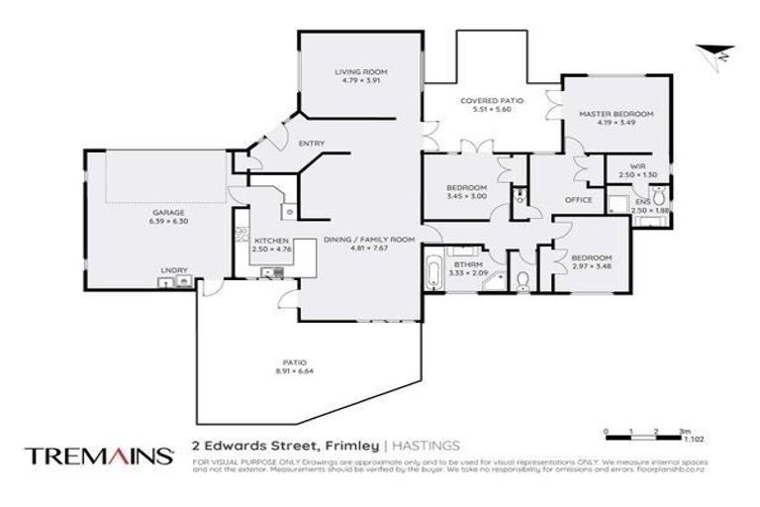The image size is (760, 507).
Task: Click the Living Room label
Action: click(360, 72)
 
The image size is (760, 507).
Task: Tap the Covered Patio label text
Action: click(491, 100)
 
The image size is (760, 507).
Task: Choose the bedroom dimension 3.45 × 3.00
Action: click(465, 197)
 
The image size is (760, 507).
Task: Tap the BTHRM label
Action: click(465, 264)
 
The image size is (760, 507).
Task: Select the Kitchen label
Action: click(270, 241)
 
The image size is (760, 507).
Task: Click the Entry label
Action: click(312, 145)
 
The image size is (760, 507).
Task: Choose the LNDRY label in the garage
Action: click(173, 269)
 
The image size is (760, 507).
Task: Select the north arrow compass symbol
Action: click(713, 53)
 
